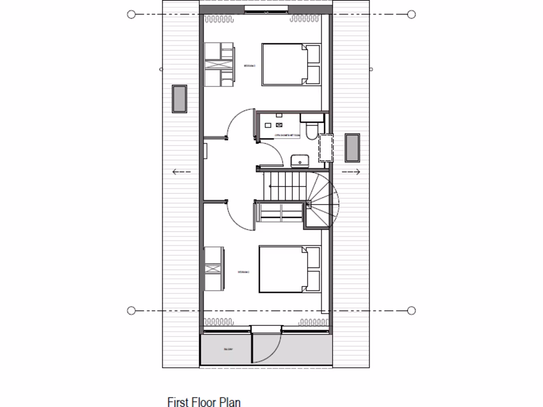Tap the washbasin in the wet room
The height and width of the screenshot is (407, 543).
click(x=300, y=160)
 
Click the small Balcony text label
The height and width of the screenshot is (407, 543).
click(x=228, y=350)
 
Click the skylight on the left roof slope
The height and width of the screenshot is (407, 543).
click(x=179, y=99)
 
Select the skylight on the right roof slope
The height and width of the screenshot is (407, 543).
click(x=352, y=148)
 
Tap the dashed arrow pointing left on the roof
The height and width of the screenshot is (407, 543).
click(x=181, y=172)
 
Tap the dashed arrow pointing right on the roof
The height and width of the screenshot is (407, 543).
click(x=351, y=172)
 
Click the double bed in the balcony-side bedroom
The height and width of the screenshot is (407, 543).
click(x=290, y=269)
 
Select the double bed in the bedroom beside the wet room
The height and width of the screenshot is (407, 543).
click(x=291, y=64)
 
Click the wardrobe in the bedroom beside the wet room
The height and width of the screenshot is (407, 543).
click(x=220, y=65)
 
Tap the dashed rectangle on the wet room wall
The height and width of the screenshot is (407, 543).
click(x=326, y=148)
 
